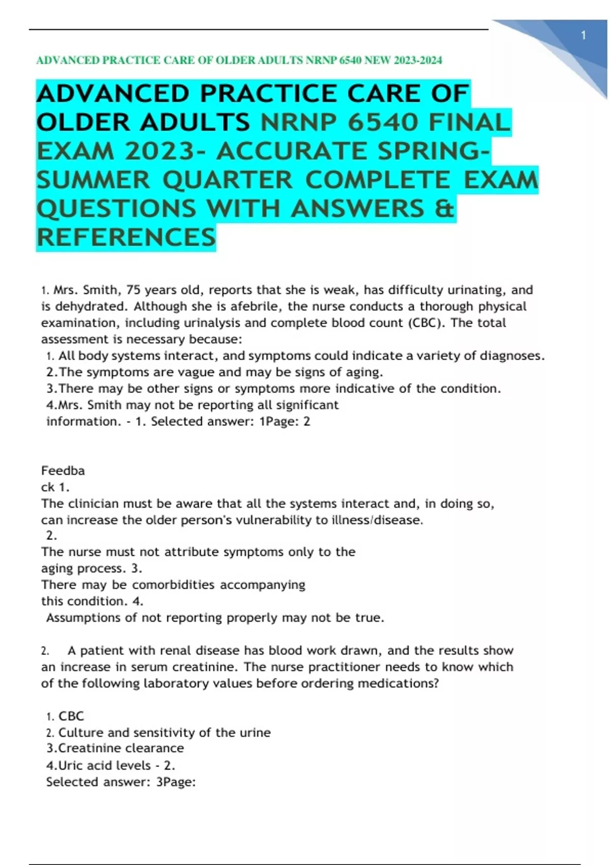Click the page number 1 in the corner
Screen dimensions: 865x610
pos(584,36)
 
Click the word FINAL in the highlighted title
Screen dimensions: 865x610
pos(469,123)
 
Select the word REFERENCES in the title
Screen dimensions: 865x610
pos(127,238)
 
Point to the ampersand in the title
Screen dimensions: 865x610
pos(445,209)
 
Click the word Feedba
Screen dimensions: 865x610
pos(63,471)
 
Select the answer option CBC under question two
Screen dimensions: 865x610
pos(71,716)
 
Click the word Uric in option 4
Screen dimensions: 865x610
pos(71,765)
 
